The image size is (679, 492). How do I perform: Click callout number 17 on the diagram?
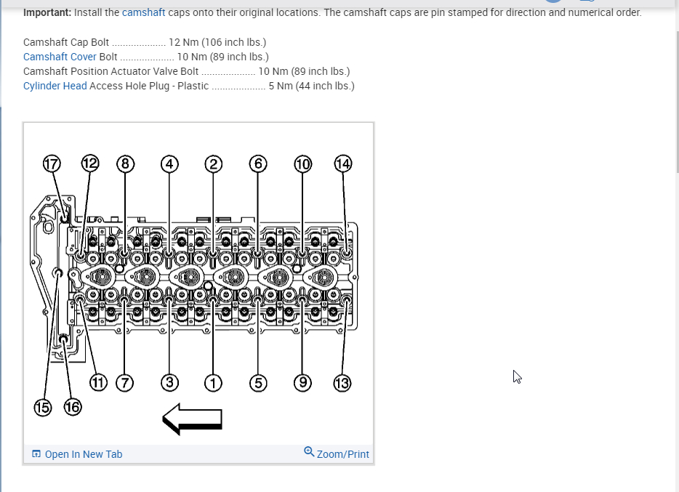(51, 164)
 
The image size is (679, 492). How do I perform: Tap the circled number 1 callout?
(213, 382)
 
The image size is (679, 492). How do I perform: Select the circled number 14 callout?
(342, 164)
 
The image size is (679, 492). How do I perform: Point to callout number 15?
(43, 407)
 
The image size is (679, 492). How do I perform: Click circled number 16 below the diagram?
(73, 407)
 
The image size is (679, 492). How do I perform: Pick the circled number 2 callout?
(213, 164)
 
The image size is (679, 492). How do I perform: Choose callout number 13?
(342, 382)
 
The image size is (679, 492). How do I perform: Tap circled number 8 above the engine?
(125, 164)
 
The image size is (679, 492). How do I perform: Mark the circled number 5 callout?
(257, 382)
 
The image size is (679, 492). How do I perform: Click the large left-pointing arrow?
(192, 419)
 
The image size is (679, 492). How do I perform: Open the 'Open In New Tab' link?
(83, 454)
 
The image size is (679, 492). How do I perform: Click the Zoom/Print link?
(342, 454)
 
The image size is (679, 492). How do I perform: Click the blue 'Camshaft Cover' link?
(60, 57)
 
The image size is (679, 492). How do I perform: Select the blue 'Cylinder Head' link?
(55, 86)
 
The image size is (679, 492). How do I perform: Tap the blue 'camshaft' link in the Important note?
(143, 12)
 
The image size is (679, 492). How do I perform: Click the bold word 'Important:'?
(47, 12)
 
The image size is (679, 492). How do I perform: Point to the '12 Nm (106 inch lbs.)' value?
(217, 42)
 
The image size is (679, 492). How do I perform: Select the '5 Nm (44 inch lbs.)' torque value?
(311, 86)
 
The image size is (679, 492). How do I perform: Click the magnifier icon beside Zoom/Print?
(309, 452)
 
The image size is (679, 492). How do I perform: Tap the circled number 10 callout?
(302, 164)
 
